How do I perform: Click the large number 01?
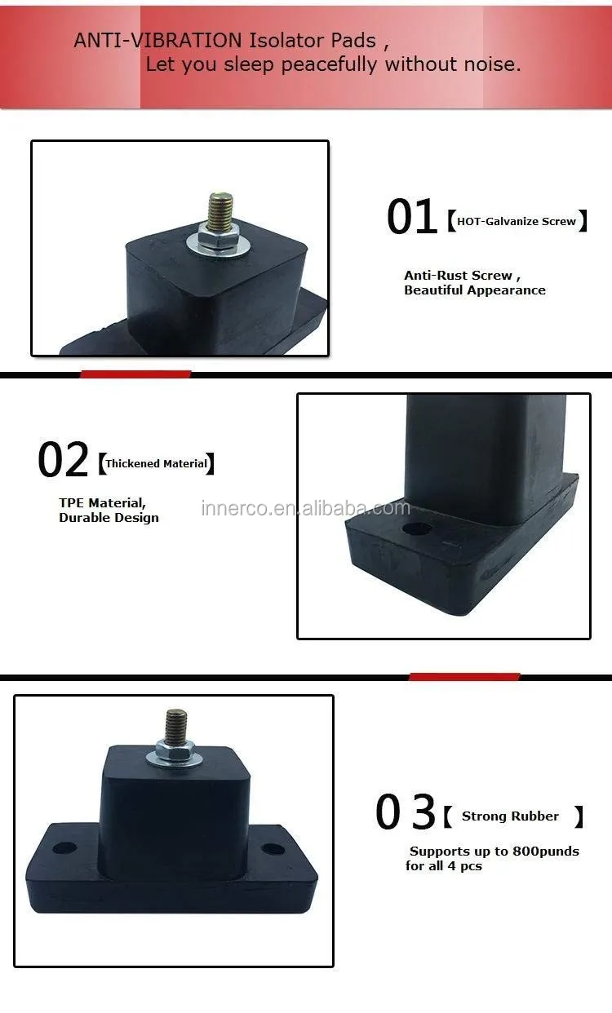coord(411,219)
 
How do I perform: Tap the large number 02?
coord(63,461)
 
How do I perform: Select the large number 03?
coord(406,813)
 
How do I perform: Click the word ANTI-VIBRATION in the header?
coord(157,41)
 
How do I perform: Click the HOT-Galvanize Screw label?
coord(517,221)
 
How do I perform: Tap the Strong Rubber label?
coord(511,816)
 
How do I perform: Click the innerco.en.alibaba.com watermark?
coord(306,509)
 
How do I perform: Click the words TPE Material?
coord(102,503)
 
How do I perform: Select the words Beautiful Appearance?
coord(475,290)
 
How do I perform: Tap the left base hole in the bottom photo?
coord(64,848)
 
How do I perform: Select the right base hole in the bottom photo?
coord(273,849)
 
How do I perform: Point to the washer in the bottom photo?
coord(175,759)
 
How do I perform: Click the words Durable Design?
coord(109,518)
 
